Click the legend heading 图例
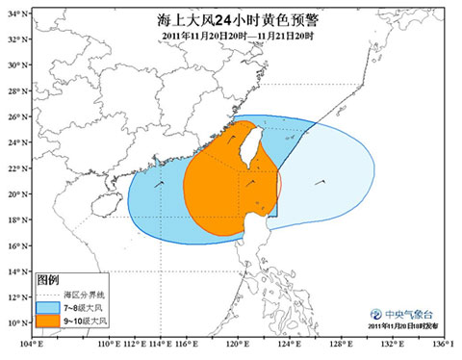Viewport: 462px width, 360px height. pos(48,279)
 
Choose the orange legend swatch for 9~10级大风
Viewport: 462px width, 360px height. pos(45,319)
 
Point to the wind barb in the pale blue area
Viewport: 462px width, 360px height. pos(321,181)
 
